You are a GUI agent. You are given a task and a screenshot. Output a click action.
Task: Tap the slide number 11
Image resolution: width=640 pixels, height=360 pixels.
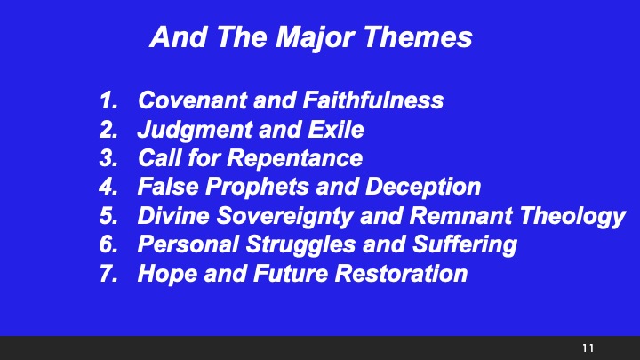point(588,347)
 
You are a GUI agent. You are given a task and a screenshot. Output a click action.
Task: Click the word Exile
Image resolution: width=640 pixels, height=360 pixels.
point(337,130)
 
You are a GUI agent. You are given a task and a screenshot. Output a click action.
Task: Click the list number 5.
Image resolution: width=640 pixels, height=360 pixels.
point(108,216)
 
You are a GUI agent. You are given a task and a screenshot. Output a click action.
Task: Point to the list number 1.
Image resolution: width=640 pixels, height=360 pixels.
point(108,101)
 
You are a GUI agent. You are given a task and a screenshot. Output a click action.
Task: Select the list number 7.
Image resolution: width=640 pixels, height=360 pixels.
point(108,273)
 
